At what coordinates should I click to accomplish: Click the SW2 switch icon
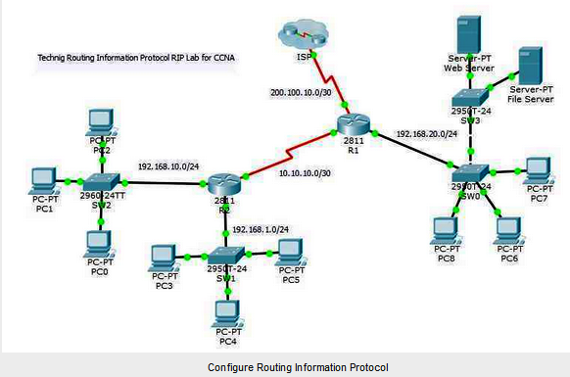(x=102, y=182)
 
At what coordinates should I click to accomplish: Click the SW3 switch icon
(x=472, y=98)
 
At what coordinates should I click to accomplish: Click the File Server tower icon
(x=531, y=64)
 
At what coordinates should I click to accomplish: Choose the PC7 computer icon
(x=538, y=169)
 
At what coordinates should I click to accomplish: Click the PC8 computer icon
(x=447, y=227)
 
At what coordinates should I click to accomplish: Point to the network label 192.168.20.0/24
(x=427, y=133)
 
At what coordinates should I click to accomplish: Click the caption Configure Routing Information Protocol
(x=284, y=366)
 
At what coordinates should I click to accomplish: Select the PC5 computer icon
(x=291, y=252)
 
